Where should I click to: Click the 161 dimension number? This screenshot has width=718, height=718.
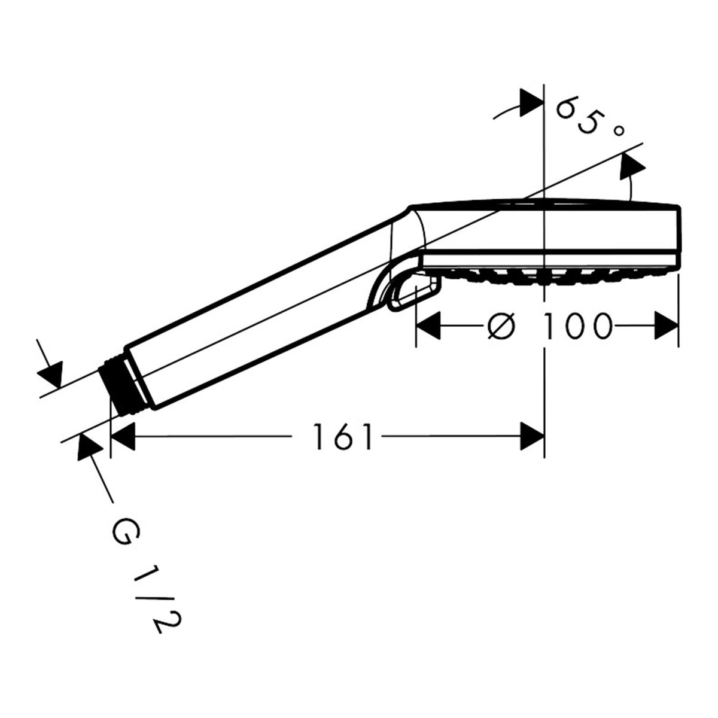(343, 436)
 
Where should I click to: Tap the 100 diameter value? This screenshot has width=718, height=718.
(578, 326)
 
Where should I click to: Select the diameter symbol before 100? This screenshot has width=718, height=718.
(501, 326)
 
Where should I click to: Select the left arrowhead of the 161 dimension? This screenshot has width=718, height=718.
(123, 436)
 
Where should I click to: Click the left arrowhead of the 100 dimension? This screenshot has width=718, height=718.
(428, 326)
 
